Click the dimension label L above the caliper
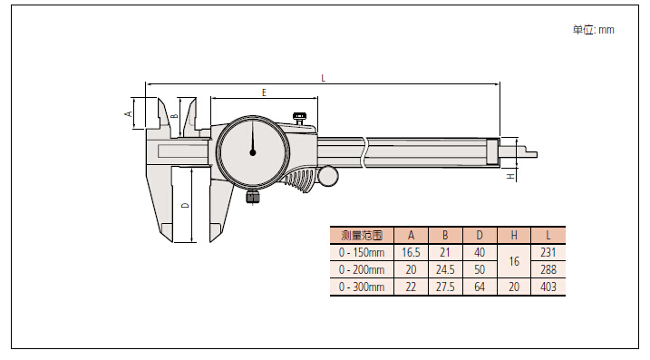(324, 78)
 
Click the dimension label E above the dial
(264, 92)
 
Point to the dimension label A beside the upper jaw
(129, 113)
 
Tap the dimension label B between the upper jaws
(175, 116)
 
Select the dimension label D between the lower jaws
(186, 205)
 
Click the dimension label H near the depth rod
(511, 177)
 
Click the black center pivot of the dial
(252, 152)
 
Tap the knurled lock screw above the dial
(299, 117)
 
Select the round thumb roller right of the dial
(328, 176)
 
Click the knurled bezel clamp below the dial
(252, 197)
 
